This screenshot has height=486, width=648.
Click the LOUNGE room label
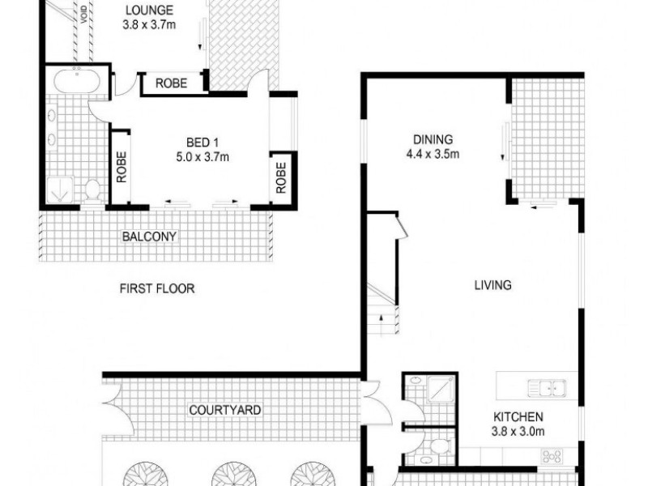click(x=150, y=11)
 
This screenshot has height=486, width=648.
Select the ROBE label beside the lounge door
click(x=172, y=83)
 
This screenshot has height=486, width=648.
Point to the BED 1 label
click(x=190, y=144)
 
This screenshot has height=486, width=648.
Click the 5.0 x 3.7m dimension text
click(x=191, y=158)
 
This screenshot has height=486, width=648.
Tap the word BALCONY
click(x=149, y=237)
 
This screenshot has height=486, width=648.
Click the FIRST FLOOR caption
click(x=156, y=288)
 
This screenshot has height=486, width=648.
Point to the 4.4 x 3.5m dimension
click(x=432, y=153)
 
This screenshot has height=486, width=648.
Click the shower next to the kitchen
click(x=435, y=390)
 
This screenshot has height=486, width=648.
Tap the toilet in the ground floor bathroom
click(x=438, y=446)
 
